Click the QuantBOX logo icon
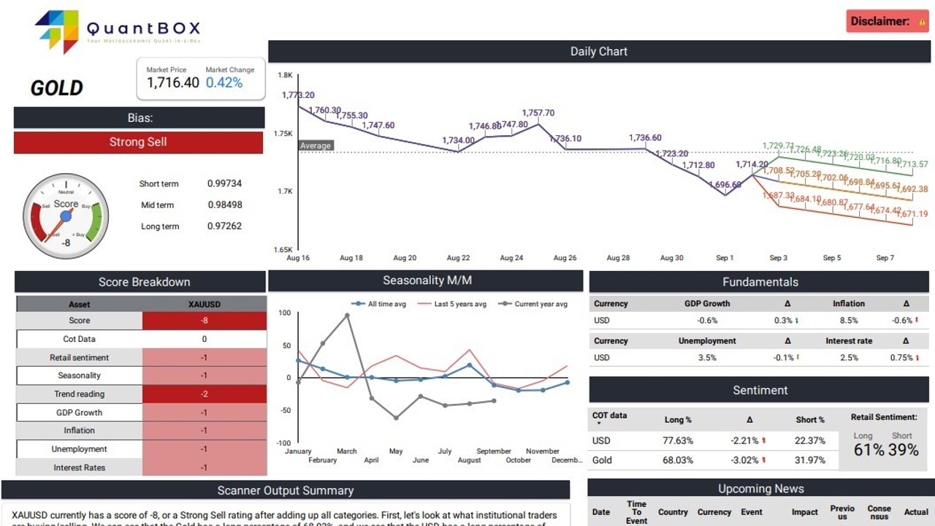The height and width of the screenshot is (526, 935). click(x=58, y=31)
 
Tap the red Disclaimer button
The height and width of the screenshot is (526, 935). click(x=887, y=21)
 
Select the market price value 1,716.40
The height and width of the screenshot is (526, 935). click(x=173, y=83)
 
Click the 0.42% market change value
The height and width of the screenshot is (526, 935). click(x=224, y=83)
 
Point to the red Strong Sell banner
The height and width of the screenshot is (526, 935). click(x=138, y=142)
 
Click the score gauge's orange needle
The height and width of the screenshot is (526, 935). click(x=56, y=227)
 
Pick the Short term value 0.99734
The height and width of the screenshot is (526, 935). click(x=224, y=183)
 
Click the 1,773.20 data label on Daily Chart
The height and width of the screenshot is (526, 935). click(x=298, y=95)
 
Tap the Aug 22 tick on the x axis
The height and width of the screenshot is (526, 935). click(x=458, y=258)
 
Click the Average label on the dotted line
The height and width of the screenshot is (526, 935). click(x=316, y=145)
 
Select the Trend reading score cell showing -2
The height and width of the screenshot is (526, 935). click(x=204, y=394)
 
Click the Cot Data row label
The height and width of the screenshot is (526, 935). click(x=79, y=339)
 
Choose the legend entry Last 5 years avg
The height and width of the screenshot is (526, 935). click(x=459, y=304)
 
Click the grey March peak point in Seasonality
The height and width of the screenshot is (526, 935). click(x=347, y=316)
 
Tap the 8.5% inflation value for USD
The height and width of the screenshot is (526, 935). click(x=848, y=320)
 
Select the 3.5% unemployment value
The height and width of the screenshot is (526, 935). click(x=707, y=357)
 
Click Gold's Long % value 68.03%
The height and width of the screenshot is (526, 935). click(x=678, y=460)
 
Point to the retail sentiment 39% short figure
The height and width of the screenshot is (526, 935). click(x=903, y=450)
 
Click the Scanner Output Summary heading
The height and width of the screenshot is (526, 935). click(x=286, y=490)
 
